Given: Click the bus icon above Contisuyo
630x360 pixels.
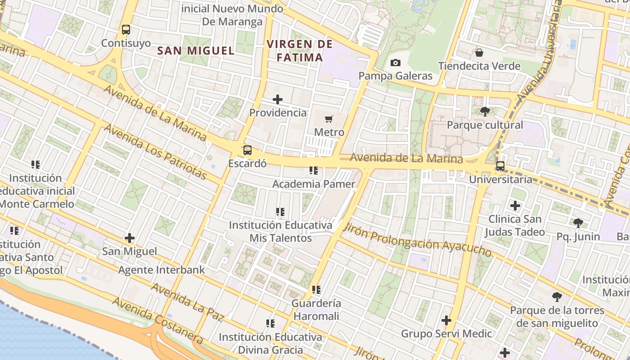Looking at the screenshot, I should pyautogui.click(x=126, y=30).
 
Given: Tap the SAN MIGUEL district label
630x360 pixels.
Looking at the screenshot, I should pyautogui.click(x=196, y=50).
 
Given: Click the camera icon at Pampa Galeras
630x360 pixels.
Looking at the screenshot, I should pyautogui.click(x=396, y=63).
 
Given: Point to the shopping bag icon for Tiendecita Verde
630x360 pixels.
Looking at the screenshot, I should pyautogui.click(x=479, y=53).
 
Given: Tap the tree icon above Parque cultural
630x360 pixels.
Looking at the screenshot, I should pyautogui.click(x=485, y=111).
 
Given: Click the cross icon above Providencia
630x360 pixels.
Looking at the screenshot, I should pyautogui.click(x=278, y=99).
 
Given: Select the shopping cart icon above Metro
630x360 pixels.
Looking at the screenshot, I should pyautogui.click(x=329, y=119).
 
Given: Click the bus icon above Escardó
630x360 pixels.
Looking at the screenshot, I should pyautogui.click(x=247, y=150).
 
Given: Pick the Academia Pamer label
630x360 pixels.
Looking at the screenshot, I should pyautogui.click(x=314, y=184).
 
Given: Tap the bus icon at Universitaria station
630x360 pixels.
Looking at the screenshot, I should pyautogui.click(x=500, y=166).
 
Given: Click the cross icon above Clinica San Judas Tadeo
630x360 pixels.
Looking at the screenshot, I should pyautogui.click(x=515, y=206).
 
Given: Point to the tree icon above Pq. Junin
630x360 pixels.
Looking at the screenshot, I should pyautogui.click(x=578, y=223).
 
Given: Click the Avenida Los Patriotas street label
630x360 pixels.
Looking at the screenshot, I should pyautogui.click(x=155, y=151).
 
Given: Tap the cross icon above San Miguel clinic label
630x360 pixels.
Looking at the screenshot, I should pyautogui.click(x=130, y=238).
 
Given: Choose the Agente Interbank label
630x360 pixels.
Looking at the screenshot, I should pyautogui.click(x=162, y=270).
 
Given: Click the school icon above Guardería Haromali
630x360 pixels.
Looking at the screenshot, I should pyautogui.click(x=316, y=290).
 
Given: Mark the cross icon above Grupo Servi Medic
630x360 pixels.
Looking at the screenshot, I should pyautogui.click(x=446, y=320).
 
